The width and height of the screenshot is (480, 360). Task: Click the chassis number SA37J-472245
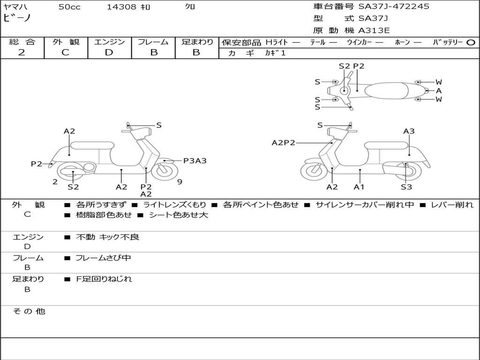pos(394,7)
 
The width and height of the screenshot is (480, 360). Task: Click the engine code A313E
pos(374,31)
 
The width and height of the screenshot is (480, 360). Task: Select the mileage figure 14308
pos(121,7)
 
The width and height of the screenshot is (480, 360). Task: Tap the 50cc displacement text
pos(69,7)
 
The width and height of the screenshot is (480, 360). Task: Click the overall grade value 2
pos(22,52)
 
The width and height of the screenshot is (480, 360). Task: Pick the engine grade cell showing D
pos(109,52)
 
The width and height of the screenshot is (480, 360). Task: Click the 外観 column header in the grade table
pos(66,42)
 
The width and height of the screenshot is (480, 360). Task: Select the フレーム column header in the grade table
pos(153,42)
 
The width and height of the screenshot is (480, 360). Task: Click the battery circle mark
pos(471,42)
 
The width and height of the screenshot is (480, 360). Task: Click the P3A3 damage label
pos(195,161)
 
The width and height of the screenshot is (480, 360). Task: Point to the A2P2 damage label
pos(283,142)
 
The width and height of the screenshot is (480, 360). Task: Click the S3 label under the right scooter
pos(406,187)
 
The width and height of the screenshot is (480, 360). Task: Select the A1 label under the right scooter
pos(359,187)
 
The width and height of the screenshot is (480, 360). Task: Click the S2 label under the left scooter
pos(73,187)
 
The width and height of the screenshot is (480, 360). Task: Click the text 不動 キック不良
pos(107,237)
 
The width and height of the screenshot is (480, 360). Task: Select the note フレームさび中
pos(103,258)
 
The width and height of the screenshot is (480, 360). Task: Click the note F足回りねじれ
pos(104,279)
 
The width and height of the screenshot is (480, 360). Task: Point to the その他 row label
pos(29,311)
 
